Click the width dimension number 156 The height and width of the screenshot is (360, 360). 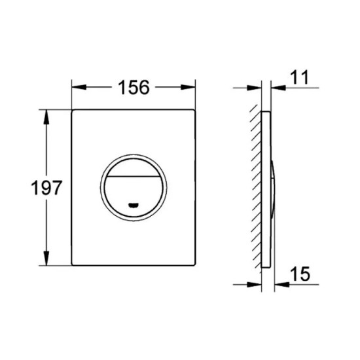134,86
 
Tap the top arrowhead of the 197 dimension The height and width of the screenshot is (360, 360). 46,115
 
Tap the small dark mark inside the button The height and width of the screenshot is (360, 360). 134,204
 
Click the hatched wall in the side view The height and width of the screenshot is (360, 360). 255,190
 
